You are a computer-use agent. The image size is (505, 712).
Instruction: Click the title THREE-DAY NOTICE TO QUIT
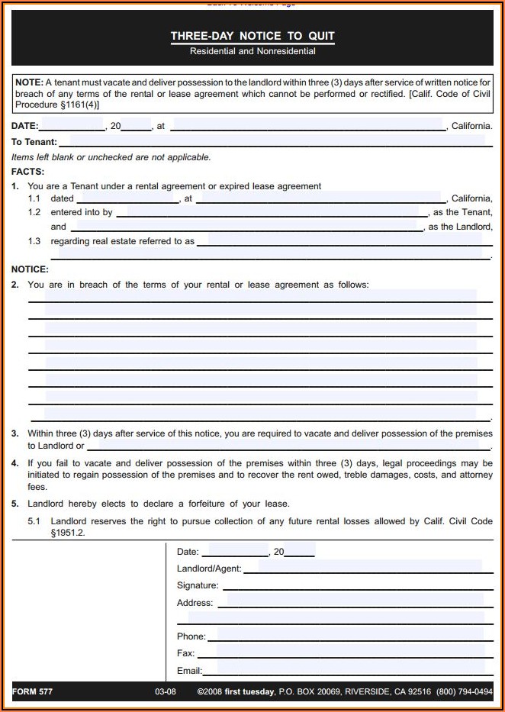[252, 36]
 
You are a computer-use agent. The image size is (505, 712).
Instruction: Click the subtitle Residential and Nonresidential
[252, 51]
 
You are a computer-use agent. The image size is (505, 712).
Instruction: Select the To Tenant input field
[272, 141]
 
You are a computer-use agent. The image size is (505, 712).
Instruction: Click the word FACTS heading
[27, 172]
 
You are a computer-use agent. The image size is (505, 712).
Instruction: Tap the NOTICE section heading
[30, 269]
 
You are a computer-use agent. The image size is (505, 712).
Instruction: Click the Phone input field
[351, 636]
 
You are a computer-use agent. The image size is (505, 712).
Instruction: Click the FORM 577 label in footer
[32, 691]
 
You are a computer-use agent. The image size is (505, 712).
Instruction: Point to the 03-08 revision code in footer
[166, 691]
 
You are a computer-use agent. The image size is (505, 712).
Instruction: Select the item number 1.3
[34, 241]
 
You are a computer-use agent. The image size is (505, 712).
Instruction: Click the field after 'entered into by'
[271, 212]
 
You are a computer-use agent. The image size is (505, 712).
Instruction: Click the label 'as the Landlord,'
[460, 227]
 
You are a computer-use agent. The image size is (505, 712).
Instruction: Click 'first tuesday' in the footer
[249, 691]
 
